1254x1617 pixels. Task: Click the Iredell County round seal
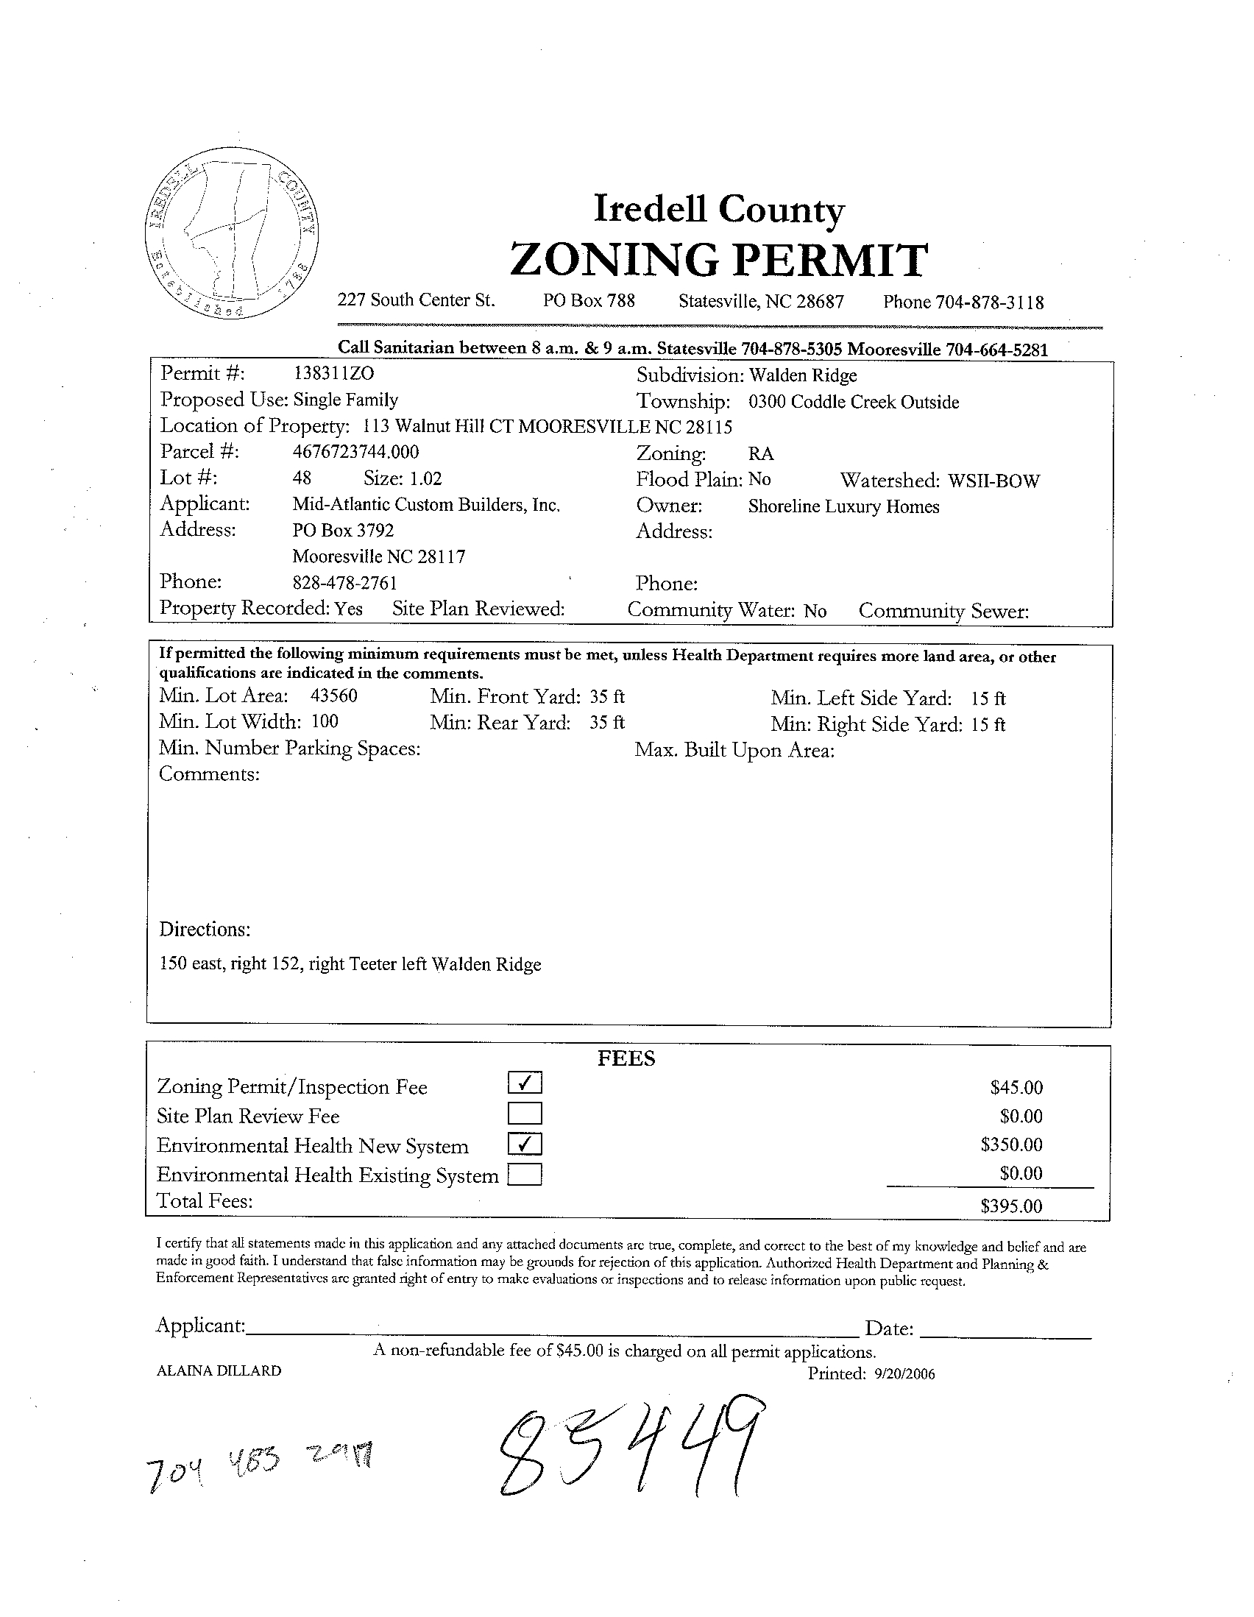tap(233, 239)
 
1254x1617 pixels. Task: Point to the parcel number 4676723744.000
tap(355, 452)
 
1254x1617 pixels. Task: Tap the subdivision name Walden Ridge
tap(802, 375)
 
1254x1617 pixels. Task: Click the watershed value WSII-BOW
tap(993, 481)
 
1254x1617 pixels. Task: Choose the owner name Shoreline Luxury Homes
tap(843, 507)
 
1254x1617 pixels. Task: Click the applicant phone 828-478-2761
tap(345, 583)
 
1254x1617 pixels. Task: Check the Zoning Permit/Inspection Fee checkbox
tap(525, 1083)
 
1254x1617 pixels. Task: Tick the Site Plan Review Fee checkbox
tap(525, 1114)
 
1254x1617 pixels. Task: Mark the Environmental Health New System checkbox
tap(525, 1144)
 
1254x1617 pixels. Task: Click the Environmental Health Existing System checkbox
tap(525, 1175)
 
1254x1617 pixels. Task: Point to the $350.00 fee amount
tap(1011, 1144)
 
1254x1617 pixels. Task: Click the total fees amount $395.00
tap(1011, 1206)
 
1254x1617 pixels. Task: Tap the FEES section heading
tap(626, 1059)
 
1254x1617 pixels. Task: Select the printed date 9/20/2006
tap(904, 1374)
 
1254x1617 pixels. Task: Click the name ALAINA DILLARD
tap(219, 1371)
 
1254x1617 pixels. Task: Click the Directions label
tap(205, 929)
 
